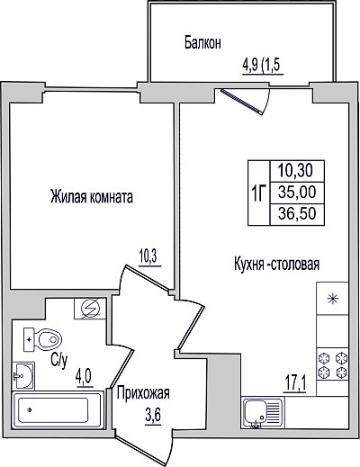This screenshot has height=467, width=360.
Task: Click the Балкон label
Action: [202, 43]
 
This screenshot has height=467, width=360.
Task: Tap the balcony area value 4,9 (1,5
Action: [263, 66]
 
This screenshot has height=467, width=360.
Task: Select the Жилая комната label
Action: [92, 197]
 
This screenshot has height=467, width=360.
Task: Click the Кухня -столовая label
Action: [276, 265]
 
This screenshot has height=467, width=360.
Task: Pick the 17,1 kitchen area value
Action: [295, 384]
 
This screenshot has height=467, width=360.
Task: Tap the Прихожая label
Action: [143, 393]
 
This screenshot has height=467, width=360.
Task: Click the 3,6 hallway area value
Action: [153, 418]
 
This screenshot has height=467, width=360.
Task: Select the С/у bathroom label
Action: [59, 361]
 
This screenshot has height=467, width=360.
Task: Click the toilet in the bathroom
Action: [42, 340]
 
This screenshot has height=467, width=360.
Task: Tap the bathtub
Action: [58, 409]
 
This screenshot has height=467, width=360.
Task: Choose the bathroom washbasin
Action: [23, 376]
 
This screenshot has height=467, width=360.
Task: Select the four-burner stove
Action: [332, 364]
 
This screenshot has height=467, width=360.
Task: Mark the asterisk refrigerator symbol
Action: [333, 299]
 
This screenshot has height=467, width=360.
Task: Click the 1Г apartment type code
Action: [258, 193]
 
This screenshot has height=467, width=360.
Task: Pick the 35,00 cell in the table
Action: [297, 193]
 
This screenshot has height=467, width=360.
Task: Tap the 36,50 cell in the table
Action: [297, 214]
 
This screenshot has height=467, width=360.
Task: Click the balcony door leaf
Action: [241, 102]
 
